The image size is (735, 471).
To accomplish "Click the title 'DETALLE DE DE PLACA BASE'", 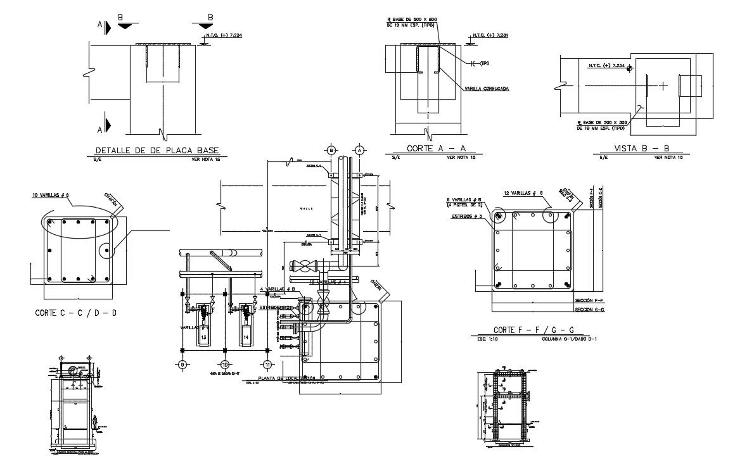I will click(157, 151).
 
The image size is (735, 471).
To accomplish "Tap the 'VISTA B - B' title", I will click(641, 149).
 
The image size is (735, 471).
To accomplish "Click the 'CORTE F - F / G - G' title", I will click(534, 330).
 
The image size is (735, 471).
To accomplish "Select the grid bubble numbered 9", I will click(182, 365).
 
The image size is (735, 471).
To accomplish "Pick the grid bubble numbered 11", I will click(268, 365).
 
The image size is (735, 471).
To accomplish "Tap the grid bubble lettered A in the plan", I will click(359, 150).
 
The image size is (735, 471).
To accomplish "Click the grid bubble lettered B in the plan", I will click(331, 150).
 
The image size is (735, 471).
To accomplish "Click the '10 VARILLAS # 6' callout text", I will click(50, 196).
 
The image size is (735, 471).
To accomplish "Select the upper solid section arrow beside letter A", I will click(107, 27).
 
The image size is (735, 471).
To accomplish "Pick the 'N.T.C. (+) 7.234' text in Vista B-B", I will click(606, 66).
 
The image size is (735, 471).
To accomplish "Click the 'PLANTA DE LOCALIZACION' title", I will click(291, 378).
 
